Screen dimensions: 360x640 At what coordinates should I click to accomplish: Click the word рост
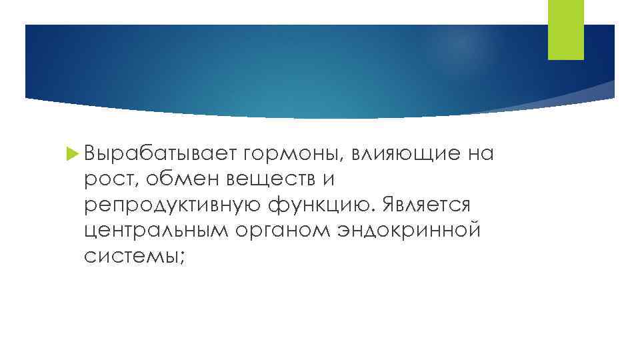click(109, 180)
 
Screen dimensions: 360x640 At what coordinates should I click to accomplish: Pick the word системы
click(131, 255)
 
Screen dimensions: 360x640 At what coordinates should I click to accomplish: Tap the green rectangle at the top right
click(565, 29)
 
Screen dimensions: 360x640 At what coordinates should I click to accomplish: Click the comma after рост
click(137, 185)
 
